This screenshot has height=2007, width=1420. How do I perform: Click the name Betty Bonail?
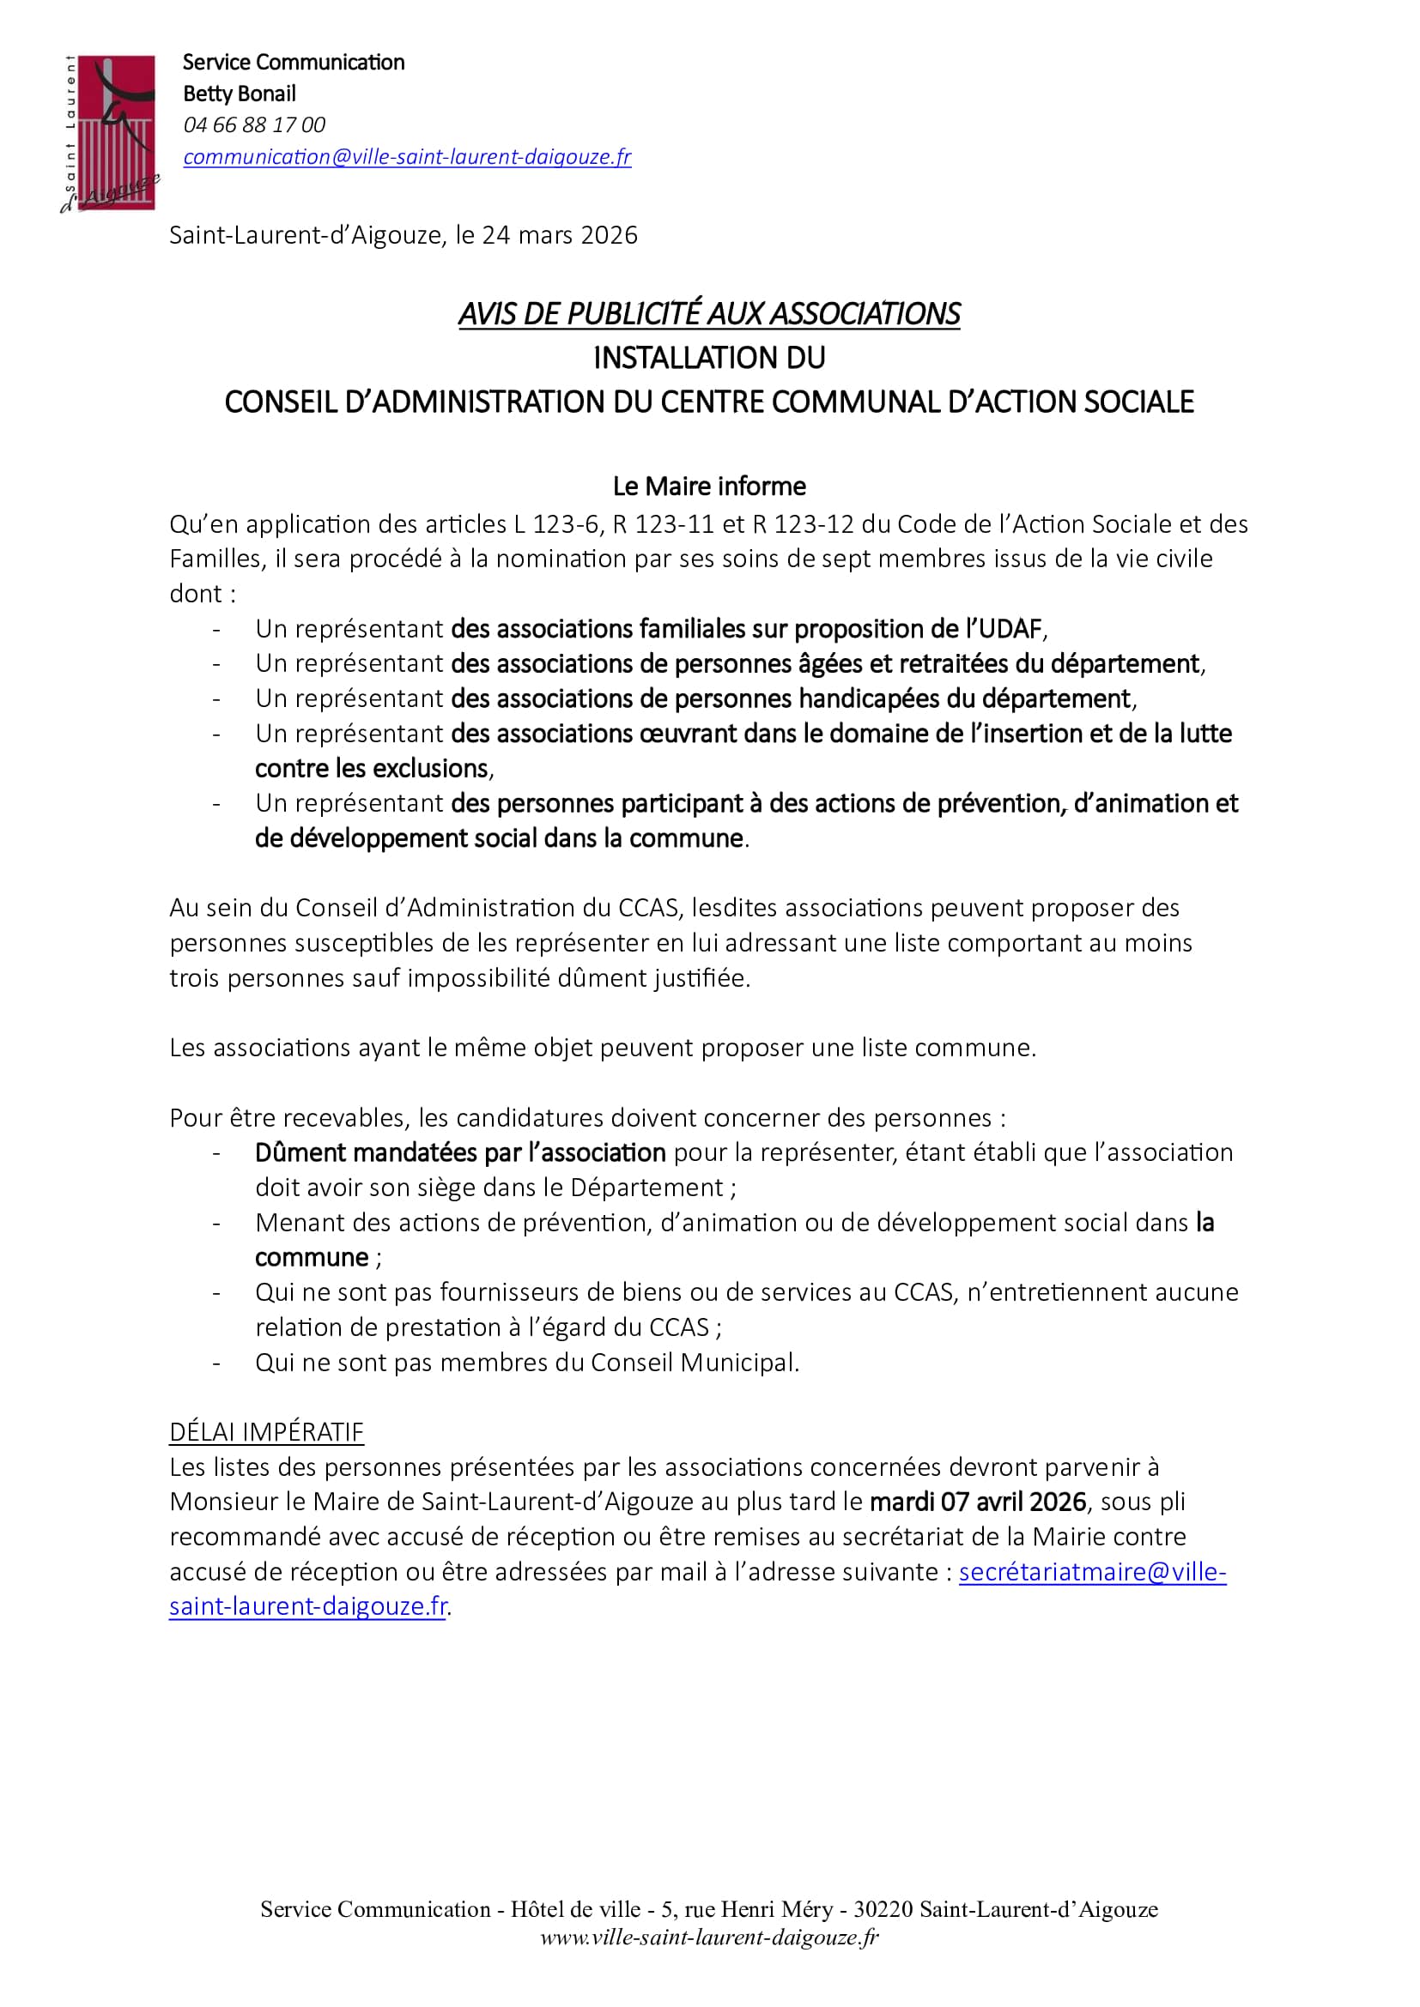(240, 94)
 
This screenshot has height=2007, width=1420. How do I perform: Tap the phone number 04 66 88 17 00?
(254, 125)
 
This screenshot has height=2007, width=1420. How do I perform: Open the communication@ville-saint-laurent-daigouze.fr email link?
(407, 156)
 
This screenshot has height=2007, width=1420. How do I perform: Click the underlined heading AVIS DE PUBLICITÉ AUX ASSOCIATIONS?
(709, 314)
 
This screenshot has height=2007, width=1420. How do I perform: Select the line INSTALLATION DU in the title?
(709, 358)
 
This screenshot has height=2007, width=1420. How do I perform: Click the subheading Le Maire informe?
(709, 485)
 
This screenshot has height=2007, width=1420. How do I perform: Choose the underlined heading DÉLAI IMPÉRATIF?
(267, 1432)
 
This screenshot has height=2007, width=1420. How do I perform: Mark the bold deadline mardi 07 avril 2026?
(978, 1502)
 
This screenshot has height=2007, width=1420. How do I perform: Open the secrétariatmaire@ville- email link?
(1092, 1572)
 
